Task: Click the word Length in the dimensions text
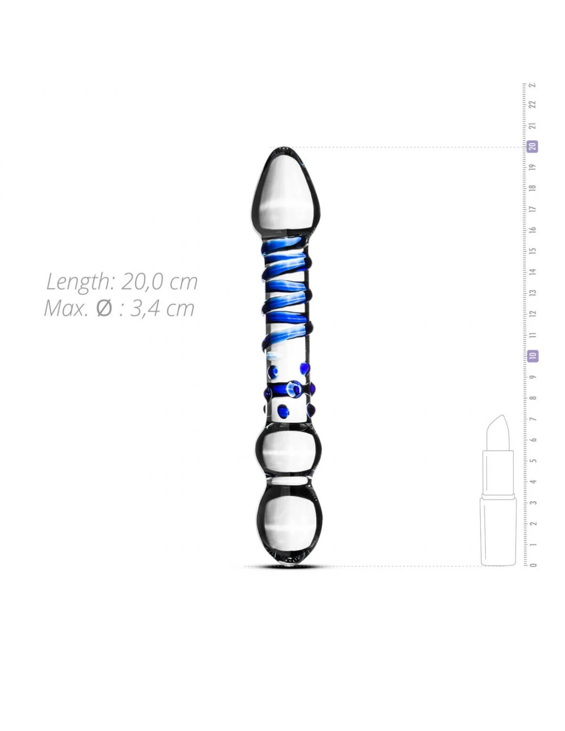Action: click(77, 282)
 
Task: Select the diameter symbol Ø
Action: click(104, 308)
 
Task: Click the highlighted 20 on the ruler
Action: click(533, 147)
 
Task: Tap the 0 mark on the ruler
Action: click(533, 565)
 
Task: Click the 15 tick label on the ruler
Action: click(533, 251)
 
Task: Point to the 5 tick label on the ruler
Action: click(533, 461)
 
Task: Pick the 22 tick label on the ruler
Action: click(533, 104)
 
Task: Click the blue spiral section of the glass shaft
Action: click(288, 293)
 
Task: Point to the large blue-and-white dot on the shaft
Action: click(295, 389)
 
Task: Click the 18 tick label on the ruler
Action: click(533, 188)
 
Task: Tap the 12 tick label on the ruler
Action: click(533, 314)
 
